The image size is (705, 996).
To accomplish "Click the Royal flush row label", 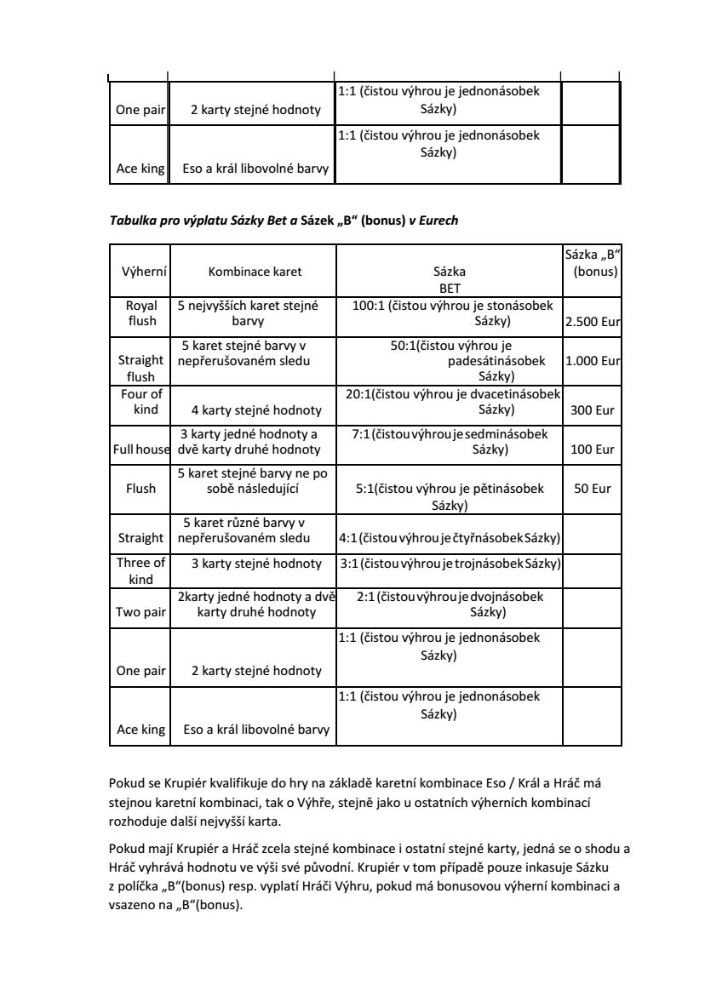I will click(141, 313).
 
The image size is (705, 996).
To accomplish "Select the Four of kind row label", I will click(141, 402).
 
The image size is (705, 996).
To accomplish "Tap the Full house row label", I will click(141, 449).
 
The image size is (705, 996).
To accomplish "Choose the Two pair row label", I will click(141, 611).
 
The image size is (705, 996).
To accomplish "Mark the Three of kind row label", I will click(141, 570).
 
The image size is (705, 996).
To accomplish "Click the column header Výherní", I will click(141, 272).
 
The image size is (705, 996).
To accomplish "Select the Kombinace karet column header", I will click(255, 272).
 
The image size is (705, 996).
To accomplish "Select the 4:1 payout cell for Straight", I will click(449, 538).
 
